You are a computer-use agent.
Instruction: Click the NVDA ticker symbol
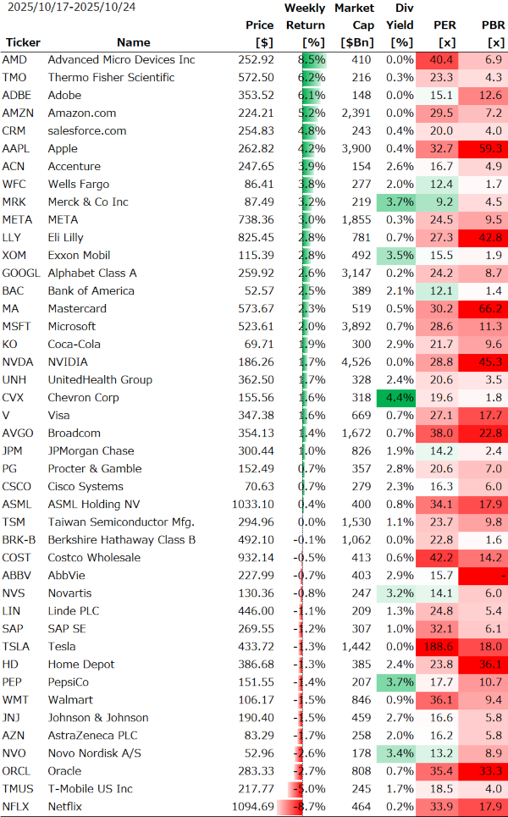pos(17,362)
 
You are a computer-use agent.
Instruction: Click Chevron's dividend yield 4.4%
pos(400,398)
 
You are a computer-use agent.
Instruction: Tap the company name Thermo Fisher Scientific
pos(111,78)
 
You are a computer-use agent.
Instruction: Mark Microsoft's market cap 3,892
pos(356,327)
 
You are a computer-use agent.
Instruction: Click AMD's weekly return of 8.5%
pos(312,60)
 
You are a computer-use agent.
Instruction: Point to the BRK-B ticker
pos(19,540)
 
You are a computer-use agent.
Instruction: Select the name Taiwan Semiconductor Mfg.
pos(121,522)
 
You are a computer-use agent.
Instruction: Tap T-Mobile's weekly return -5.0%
pos(311,789)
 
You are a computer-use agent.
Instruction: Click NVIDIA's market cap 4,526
pos(356,362)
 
